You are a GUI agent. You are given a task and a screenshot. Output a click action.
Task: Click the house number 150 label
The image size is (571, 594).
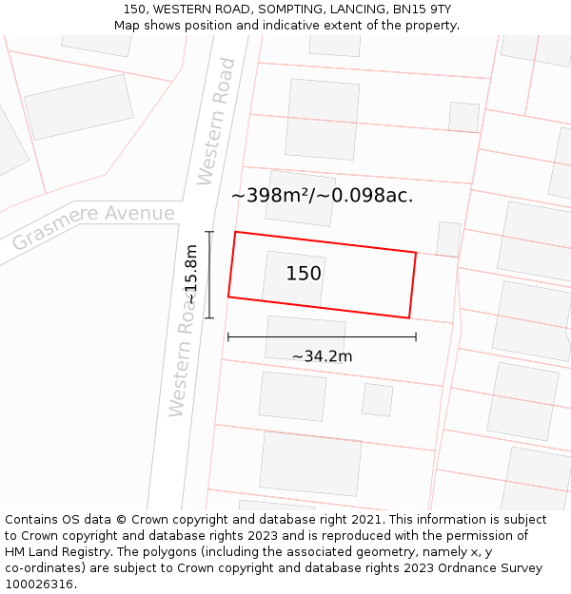304,274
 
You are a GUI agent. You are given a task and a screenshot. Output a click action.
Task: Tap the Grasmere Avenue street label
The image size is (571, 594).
93,227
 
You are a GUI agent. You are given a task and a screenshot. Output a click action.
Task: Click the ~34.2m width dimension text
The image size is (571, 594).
322,356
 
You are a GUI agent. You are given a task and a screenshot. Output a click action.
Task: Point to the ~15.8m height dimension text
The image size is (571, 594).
191,275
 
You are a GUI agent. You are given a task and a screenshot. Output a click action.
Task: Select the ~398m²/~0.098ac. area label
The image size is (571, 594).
322,196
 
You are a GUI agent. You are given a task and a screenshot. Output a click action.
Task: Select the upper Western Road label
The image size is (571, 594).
216,122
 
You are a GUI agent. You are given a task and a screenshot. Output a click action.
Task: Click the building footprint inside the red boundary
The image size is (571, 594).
294,278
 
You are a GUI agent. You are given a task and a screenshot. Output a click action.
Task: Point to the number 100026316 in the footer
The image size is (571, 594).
38,584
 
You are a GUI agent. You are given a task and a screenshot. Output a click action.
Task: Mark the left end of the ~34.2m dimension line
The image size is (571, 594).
228,336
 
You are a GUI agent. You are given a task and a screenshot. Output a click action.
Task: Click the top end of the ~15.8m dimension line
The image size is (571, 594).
209,232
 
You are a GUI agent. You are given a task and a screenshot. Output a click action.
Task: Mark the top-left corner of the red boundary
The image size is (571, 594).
235,232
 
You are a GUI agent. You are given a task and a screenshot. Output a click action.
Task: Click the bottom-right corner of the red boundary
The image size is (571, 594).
409,318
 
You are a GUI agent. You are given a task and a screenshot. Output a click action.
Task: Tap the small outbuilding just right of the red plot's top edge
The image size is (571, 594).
448,239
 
